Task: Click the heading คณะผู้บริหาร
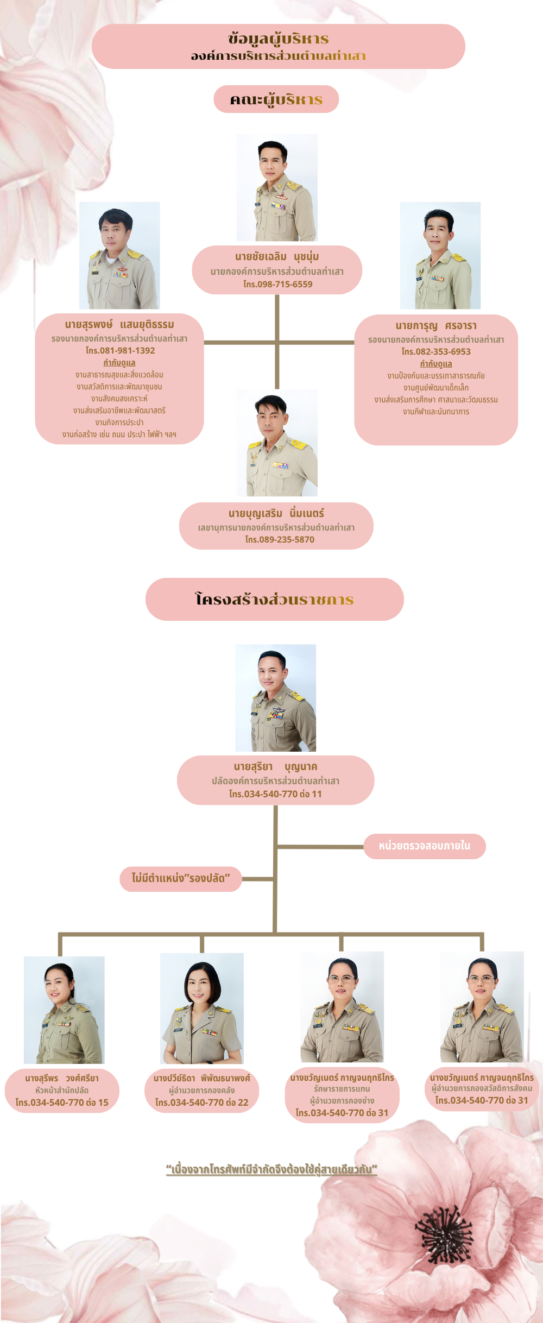point(276,99)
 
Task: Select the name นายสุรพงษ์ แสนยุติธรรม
point(119,324)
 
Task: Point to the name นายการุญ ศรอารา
point(436,325)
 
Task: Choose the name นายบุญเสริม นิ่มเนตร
point(276,513)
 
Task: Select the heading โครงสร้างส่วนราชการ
point(274,599)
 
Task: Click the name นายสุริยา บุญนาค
point(275,766)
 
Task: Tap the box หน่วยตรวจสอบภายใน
point(424,846)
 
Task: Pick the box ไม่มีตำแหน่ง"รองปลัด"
point(181,878)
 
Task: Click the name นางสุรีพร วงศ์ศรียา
point(62,1078)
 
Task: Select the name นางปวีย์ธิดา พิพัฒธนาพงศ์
point(201,1078)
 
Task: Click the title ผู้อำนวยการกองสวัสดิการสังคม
point(482,1088)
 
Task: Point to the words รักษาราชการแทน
point(342,1089)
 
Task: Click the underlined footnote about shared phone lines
point(271,1169)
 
